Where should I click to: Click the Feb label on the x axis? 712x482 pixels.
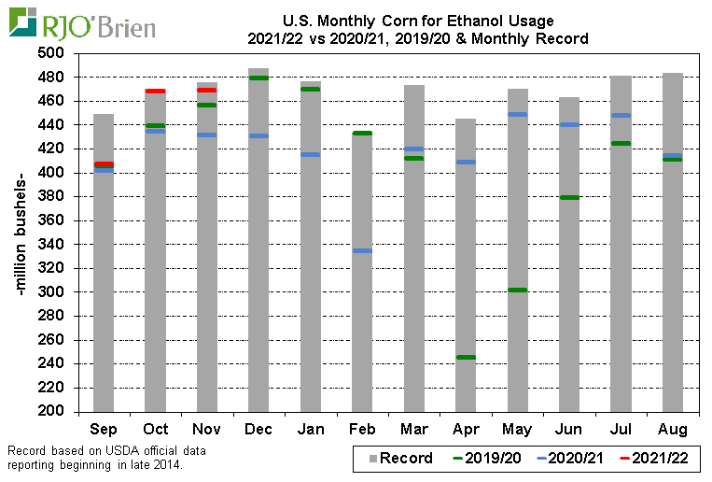pyautogui.click(x=361, y=430)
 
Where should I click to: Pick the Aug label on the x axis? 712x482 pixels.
pyautogui.click(x=672, y=430)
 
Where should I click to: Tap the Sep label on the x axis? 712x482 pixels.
pyautogui.click(x=103, y=430)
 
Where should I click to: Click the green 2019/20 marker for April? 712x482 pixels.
pyautogui.click(x=465, y=357)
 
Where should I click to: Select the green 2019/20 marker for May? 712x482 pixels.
pyautogui.click(x=517, y=290)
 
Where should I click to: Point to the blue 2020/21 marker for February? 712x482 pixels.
pyautogui.click(x=361, y=250)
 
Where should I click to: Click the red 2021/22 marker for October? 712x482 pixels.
pyautogui.click(x=155, y=91)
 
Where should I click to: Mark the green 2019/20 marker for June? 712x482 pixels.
pyautogui.click(x=568, y=197)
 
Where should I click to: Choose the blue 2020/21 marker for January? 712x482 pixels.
pyautogui.click(x=310, y=154)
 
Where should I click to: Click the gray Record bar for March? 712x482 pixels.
pyautogui.click(x=413, y=280)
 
